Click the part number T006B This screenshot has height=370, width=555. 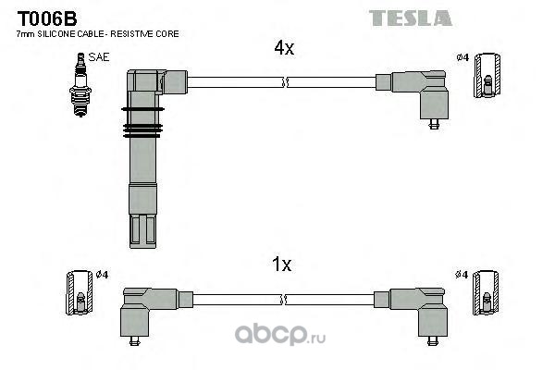tap(47, 18)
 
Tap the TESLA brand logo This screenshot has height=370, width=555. tap(410, 18)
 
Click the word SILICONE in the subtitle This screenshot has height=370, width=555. tap(55, 34)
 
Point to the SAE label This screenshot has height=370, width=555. tap(99, 57)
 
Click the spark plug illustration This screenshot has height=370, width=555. tap(80, 85)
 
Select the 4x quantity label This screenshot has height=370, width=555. tap(284, 48)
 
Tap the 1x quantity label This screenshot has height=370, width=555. tap(282, 265)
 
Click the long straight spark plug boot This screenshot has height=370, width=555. tap(143, 159)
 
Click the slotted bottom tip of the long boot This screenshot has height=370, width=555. tap(143, 231)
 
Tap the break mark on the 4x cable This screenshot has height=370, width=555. tap(285, 82)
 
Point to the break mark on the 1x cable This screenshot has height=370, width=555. tap(284, 300)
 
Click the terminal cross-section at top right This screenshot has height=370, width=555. tap(487, 76)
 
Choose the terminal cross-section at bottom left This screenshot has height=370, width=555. tap(80, 292)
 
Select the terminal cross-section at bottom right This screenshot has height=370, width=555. tap(486, 292)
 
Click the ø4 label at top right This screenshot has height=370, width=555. tap(462, 57)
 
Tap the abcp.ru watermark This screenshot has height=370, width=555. tap(280, 334)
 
